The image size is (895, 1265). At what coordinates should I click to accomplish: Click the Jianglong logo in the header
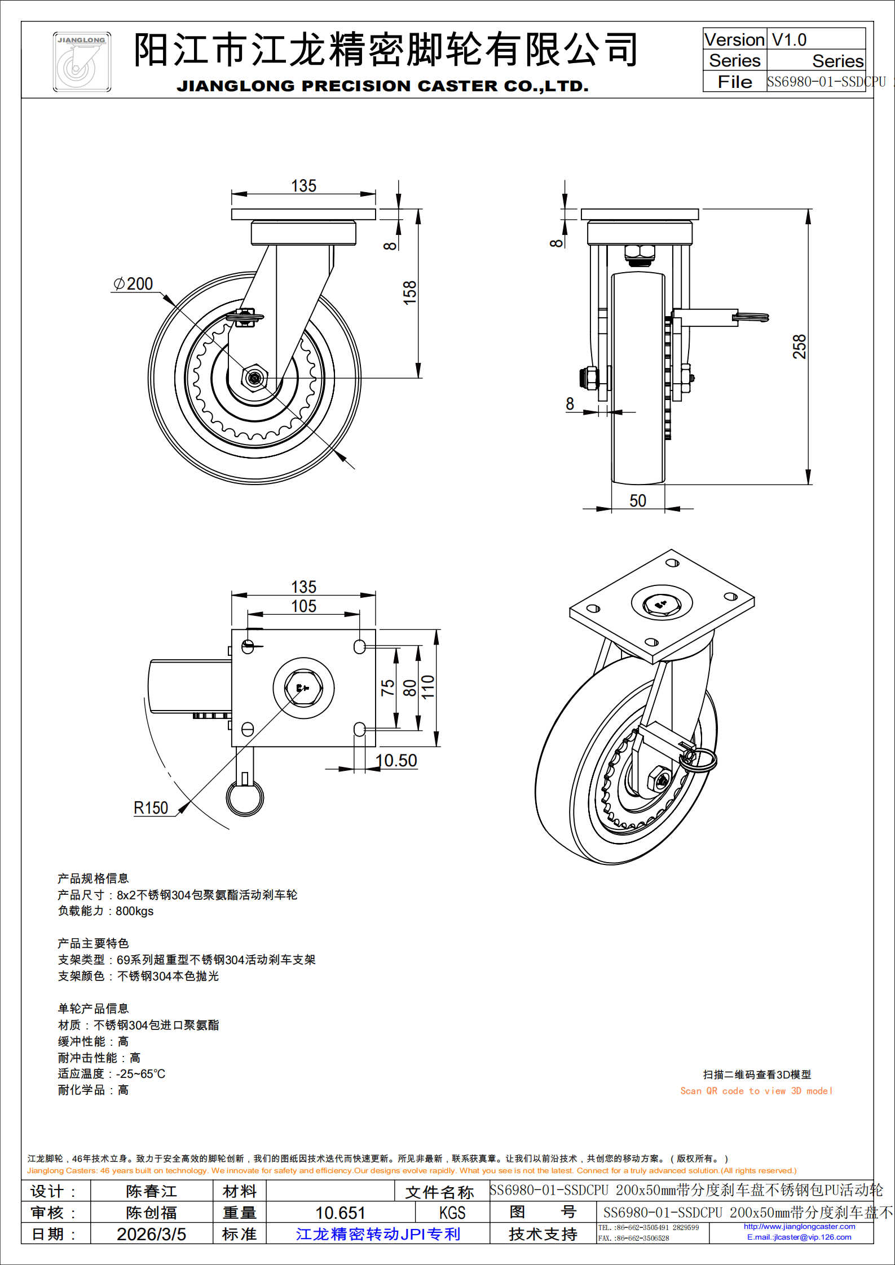[82, 62]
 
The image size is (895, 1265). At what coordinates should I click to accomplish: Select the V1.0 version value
[789, 40]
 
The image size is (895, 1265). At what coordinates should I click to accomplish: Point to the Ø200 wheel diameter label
[134, 284]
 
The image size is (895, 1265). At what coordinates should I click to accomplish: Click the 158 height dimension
[409, 292]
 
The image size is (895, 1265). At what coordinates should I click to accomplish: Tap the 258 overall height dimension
[800, 347]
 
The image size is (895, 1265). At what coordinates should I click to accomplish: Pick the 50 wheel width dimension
[638, 501]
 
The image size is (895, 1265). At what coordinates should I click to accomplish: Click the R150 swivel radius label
[151, 808]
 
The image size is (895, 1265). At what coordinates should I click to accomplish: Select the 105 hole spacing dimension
[303, 606]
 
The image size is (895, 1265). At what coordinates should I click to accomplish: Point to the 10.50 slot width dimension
[396, 761]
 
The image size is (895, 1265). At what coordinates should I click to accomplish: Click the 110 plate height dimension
[428, 687]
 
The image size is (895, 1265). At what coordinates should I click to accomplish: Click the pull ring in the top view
[245, 797]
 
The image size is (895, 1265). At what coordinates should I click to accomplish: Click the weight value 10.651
[340, 1213]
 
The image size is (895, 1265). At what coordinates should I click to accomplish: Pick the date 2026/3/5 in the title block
[151, 1234]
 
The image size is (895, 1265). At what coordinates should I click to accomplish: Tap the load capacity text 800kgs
[134, 911]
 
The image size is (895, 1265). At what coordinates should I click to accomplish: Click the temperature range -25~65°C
[140, 1074]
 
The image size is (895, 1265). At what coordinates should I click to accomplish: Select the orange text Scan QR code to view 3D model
[756, 1091]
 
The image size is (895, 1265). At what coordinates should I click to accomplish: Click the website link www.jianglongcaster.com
[799, 1226]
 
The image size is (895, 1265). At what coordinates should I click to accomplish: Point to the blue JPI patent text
[378, 1234]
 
